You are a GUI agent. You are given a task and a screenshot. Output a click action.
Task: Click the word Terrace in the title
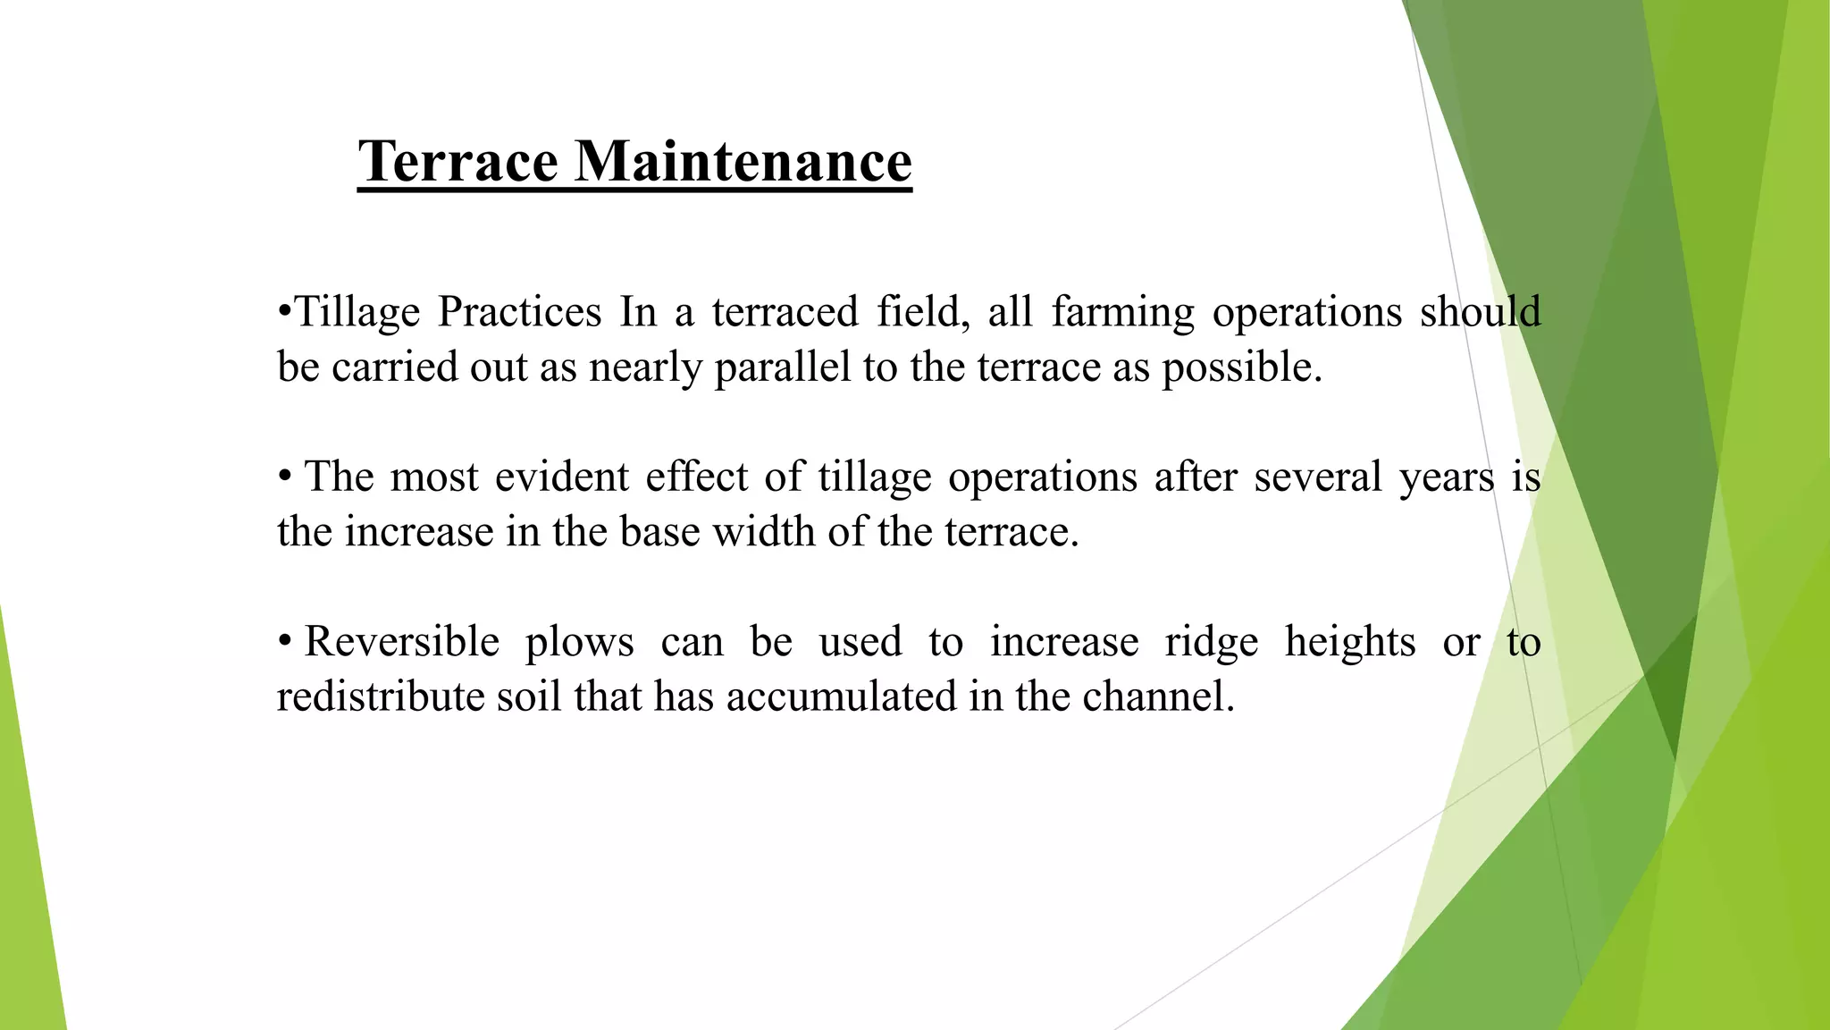coord(457,162)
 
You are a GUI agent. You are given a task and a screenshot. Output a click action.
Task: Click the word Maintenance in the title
coord(743,162)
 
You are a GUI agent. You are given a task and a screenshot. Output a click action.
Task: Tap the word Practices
coord(519,312)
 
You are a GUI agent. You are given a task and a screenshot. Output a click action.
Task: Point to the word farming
coord(1122,312)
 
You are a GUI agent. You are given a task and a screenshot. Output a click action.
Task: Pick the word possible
coord(1241,367)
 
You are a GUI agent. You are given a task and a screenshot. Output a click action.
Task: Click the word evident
coord(561,477)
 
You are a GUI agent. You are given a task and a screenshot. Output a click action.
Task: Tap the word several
coord(1317,477)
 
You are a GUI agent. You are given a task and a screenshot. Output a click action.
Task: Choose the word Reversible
coord(401,642)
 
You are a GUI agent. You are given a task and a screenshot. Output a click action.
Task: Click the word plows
coord(579,642)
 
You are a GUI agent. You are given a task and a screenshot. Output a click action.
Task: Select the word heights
coord(1350,642)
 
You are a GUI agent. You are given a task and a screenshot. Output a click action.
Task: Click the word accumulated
coord(841,697)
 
